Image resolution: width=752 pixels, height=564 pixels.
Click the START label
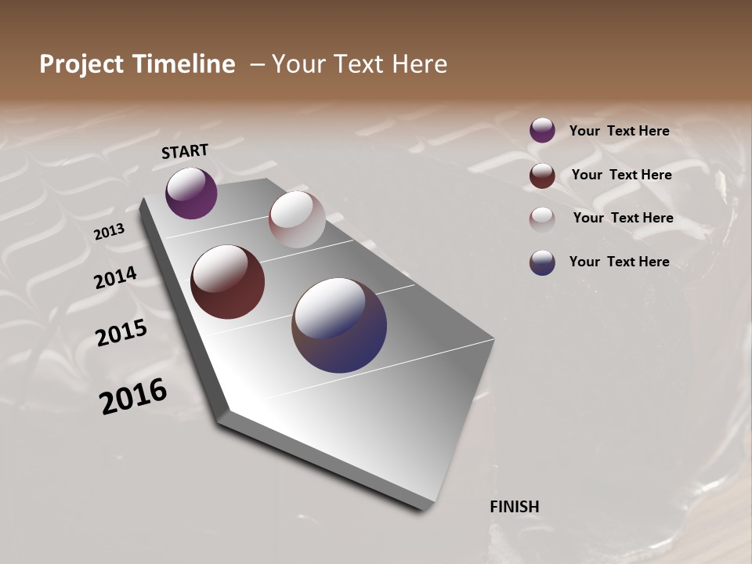click(x=185, y=151)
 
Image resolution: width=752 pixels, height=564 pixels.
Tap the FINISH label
click(x=514, y=507)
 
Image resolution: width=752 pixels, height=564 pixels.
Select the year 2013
click(x=109, y=232)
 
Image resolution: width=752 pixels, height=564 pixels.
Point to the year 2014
click(x=115, y=278)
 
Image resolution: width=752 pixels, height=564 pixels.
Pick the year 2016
click(x=133, y=396)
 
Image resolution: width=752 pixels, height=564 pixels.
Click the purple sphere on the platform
click(x=191, y=193)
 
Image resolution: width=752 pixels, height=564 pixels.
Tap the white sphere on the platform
click(x=297, y=219)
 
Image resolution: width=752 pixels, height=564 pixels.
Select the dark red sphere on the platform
click(x=228, y=282)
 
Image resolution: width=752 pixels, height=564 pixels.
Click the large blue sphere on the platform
click(x=339, y=325)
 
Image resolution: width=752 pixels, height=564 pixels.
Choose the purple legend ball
click(x=542, y=131)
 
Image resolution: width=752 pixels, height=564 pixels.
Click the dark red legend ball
click(x=542, y=175)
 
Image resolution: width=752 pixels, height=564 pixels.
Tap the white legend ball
click(x=542, y=219)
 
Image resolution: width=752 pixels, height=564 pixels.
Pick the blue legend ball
click(x=542, y=262)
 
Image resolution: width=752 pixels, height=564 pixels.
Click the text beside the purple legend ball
click(x=619, y=132)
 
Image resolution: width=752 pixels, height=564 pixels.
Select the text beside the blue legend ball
click(x=619, y=262)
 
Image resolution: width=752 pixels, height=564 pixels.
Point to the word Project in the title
click(x=82, y=64)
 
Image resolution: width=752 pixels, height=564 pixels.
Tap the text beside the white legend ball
click(x=623, y=218)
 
